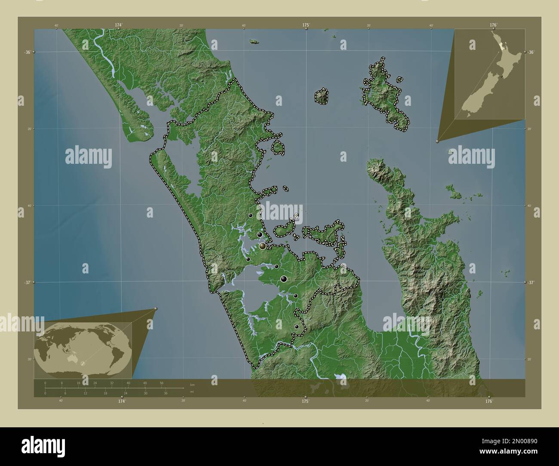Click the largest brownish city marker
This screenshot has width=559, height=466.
(262, 246)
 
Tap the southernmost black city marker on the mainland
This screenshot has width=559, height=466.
(296, 327)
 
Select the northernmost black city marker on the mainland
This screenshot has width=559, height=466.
(250, 215)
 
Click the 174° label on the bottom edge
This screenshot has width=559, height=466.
(122, 401)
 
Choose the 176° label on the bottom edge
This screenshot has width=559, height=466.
(489, 401)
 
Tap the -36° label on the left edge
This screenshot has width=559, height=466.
(27, 52)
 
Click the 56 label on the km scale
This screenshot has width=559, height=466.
(161, 383)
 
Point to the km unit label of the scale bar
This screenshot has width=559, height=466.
(192, 385)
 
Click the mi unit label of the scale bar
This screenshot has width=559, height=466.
(191, 392)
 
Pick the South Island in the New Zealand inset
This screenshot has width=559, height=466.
(477, 99)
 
